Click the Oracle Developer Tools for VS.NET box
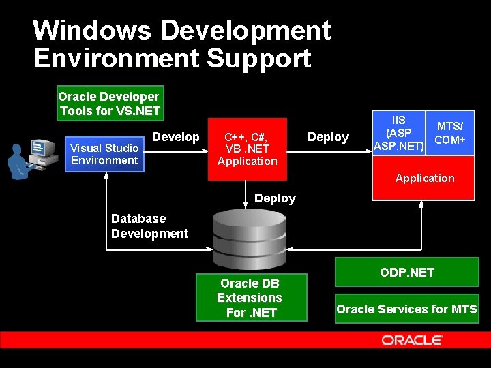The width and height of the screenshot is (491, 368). (x=109, y=104)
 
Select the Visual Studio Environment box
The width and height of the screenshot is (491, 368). (x=104, y=154)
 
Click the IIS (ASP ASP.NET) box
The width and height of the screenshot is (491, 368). (x=398, y=133)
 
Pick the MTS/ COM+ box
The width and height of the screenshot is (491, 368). (x=449, y=133)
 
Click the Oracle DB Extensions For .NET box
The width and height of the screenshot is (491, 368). (x=250, y=298)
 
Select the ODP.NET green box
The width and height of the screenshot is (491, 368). (x=406, y=273)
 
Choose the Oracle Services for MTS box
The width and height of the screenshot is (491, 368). (x=406, y=309)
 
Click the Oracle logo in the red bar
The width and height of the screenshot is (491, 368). (x=412, y=340)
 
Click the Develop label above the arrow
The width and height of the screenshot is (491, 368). (x=176, y=137)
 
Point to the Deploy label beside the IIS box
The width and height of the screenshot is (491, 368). (x=328, y=137)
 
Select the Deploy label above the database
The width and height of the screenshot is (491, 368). (x=275, y=198)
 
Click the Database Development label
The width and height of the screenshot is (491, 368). (x=149, y=226)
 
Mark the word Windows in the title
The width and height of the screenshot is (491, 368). (x=92, y=30)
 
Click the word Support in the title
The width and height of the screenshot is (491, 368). (x=258, y=58)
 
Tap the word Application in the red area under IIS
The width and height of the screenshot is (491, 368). (x=425, y=179)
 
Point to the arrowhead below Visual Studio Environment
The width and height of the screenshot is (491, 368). (x=107, y=177)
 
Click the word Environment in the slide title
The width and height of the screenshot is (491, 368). (x=115, y=58)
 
